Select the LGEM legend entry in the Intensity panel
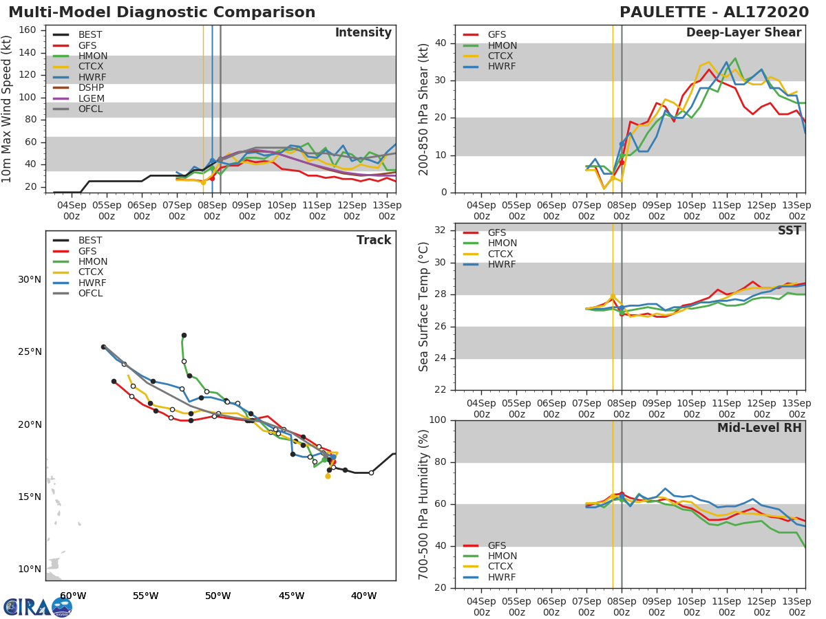pos(91,98)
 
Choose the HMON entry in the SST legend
pos(502,243)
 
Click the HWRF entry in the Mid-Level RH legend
pos(502,577)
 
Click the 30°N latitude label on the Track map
pos(30,279)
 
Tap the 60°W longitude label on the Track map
pos(72,596)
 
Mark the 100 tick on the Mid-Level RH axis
pos(438,420)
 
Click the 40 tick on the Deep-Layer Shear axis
pos(441,43)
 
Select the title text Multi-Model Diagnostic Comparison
pos(162,12)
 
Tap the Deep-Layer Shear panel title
pos(743,33)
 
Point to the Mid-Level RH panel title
pos(759,428)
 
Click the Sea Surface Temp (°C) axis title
pos(424,306)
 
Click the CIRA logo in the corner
pos(38,607)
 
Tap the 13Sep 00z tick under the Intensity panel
pos(387,210)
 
